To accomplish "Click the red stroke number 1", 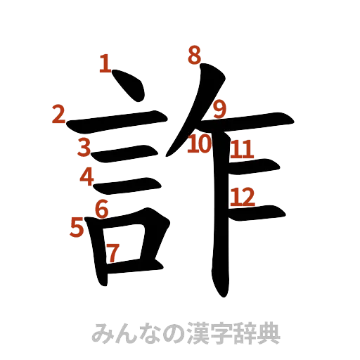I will (105, 65).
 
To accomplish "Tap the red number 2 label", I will (59, 113).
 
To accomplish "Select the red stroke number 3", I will (84, 147).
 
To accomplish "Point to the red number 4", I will (87, 176).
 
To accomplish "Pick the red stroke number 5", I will (77, 226).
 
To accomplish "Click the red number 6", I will (102, 208).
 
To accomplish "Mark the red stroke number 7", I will (112, 251).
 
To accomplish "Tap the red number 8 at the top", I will (194, 55).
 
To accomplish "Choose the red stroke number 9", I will (220, 108).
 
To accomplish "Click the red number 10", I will (200, 145).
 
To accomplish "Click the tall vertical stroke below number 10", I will (219, 225).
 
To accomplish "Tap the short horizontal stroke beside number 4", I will (130, 184).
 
